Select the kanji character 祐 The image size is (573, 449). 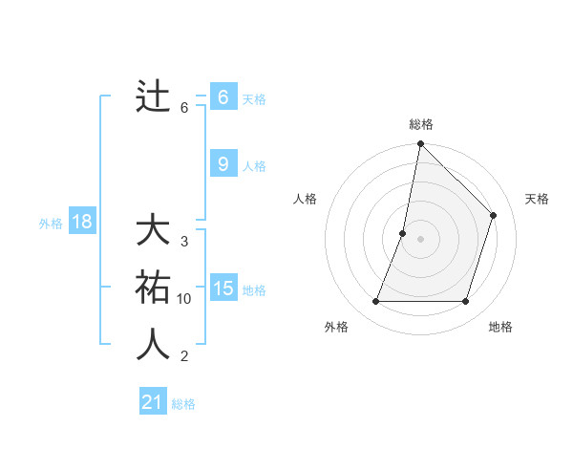153,287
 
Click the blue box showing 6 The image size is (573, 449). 223,96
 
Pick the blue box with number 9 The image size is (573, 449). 223,164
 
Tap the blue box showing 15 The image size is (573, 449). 223,288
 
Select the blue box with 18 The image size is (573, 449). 81,223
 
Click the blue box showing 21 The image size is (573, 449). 152,402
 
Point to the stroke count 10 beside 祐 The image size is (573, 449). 184,299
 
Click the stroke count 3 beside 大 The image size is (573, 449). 184,242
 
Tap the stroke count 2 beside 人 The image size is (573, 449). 184,357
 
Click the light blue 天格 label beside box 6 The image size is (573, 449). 254,98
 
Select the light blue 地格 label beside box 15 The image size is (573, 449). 254,290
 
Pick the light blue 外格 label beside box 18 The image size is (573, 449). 51,224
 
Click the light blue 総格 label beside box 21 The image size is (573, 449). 183,404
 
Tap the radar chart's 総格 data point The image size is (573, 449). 420,144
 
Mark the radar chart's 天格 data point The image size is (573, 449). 494,215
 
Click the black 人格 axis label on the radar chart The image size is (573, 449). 305,199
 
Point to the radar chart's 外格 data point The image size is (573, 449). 376,302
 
